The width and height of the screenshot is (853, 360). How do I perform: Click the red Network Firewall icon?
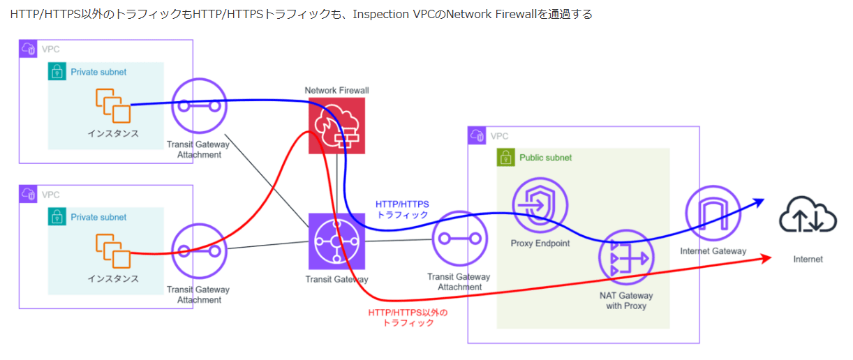[337, 126]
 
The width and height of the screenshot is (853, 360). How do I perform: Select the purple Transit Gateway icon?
[337, 241]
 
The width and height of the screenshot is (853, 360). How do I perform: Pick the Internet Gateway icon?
[713, 212]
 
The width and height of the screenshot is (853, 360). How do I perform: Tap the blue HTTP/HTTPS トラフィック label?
[403, 209]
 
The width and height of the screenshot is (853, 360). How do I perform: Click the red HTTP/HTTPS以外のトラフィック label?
[407, 317]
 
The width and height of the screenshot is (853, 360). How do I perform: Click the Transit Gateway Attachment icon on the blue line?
[200, 106]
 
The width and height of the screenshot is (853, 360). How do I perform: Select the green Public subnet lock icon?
[505, 158]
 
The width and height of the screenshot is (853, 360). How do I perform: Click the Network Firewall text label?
[336, 91]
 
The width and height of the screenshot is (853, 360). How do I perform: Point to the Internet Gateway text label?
[712, 251]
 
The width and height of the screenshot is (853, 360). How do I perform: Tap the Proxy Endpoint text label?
[540, 243]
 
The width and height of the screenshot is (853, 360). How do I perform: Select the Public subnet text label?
[546, 158]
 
